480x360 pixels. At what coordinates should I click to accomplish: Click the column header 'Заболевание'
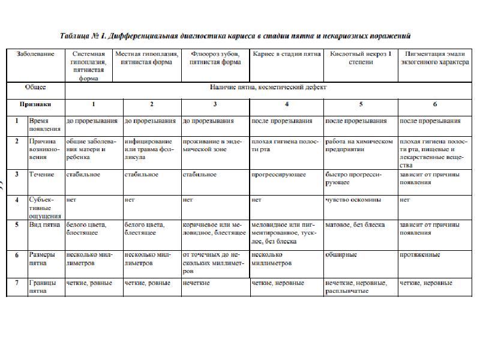coord(35,53)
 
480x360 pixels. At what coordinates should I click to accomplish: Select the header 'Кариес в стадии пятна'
coord(286,53)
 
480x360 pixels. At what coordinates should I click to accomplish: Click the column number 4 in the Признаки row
coord(286,104)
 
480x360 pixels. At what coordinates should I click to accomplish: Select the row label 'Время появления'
coord(44,124)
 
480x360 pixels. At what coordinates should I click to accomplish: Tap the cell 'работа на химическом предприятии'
coord(359,145)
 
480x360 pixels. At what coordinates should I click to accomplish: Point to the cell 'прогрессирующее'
coord(279,175)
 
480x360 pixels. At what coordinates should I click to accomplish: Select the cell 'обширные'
coord(341,254)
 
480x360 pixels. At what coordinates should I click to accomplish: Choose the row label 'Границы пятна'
coord(43,286)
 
